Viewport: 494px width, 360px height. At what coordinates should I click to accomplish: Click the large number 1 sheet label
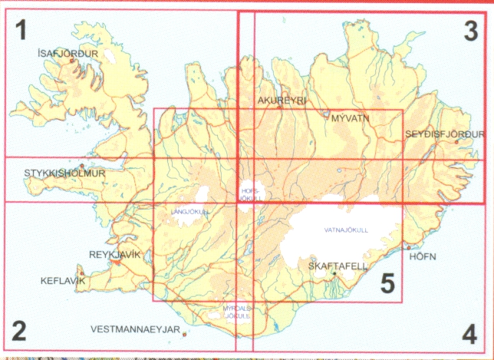click(x=21, y=31)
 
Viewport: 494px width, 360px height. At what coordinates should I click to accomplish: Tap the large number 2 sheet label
click(x=20, y=332)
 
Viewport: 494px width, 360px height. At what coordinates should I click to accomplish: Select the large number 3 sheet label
click(x=470, y=31)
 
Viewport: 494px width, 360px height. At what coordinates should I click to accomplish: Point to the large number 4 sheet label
click(x=469, y=334)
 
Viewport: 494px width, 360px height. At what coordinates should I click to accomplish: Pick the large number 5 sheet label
click(x=387, y=284)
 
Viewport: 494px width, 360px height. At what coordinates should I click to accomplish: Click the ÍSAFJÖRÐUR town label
click(x=68, y=54)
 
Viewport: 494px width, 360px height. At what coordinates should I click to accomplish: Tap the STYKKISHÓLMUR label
click(x=64, y=173)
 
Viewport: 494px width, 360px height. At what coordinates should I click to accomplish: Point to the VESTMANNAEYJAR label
click(x=134, y=330)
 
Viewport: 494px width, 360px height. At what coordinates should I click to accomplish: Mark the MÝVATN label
click(x=351, y=119)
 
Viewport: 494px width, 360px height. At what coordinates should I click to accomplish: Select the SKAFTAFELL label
click(x=338, y=266)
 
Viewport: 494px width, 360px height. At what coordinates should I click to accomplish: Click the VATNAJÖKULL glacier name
click(x=347, y=230)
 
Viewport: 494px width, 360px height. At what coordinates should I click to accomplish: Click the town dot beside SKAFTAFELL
click(x=334, y=273)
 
